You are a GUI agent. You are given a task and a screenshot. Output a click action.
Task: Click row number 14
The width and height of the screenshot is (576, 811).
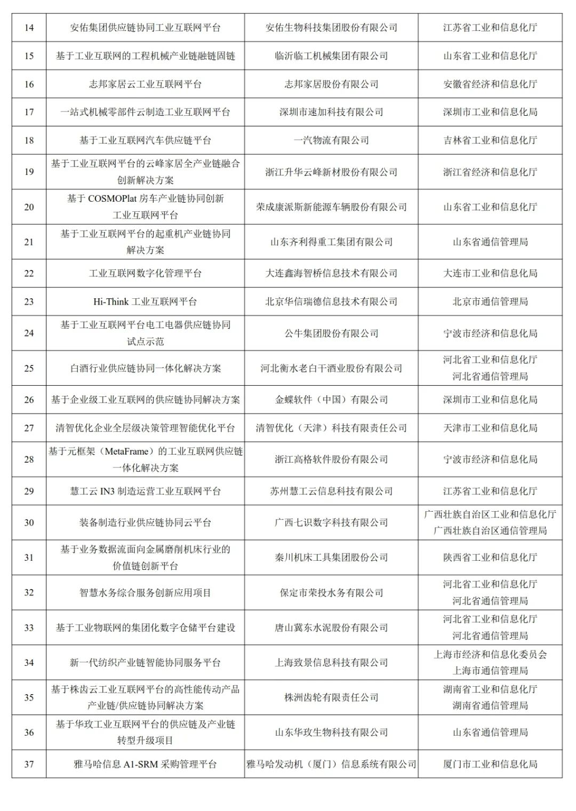(x=29, y=28)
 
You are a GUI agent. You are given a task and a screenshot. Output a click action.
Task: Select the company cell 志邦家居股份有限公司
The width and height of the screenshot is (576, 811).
(x=331, y=84)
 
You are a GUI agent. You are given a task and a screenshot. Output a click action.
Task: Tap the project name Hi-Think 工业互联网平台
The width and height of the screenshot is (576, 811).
(x=145, y=301)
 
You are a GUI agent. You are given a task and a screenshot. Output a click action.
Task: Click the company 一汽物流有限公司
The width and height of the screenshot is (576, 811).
(x=331, y=140)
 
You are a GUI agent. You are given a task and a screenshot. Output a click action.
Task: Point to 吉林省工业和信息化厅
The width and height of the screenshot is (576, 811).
(x=490, y=140)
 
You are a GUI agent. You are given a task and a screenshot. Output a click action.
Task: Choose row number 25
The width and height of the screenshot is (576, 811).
(x=29, y=368)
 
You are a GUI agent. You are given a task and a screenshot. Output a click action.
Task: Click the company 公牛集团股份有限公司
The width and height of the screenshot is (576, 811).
(x=331, y=333)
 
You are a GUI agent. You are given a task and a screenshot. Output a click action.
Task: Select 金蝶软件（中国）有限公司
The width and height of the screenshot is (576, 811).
(x=331, y=400)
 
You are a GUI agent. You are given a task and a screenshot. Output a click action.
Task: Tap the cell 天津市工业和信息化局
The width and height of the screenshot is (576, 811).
(x=490, y=428)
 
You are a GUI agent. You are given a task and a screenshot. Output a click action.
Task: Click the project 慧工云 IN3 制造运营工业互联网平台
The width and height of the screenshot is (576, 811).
(x=145, y=491)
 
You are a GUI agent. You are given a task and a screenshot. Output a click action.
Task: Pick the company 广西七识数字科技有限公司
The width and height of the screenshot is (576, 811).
(x=331, y=523)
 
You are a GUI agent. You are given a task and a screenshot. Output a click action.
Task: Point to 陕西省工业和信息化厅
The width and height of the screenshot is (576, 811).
(x=490, y=558)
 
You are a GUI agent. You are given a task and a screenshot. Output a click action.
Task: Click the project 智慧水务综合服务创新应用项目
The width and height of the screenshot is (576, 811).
(x=145, y=593)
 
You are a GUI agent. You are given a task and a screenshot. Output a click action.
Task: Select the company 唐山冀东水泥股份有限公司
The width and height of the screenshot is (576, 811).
(x=331, y=628)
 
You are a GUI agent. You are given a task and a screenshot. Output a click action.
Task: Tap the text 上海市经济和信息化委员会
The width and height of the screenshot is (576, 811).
(x=490, y=655)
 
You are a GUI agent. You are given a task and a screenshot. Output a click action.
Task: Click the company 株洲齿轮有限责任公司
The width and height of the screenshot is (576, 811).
(x=331, y=697)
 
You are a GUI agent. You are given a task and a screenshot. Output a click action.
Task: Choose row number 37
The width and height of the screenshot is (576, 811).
(x=29, y=765)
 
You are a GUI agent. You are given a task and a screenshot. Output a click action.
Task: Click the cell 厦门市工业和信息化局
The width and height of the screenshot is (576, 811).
(x=490, y=765)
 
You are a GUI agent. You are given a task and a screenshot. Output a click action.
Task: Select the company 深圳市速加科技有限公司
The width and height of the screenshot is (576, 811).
(x=331, y=112)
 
